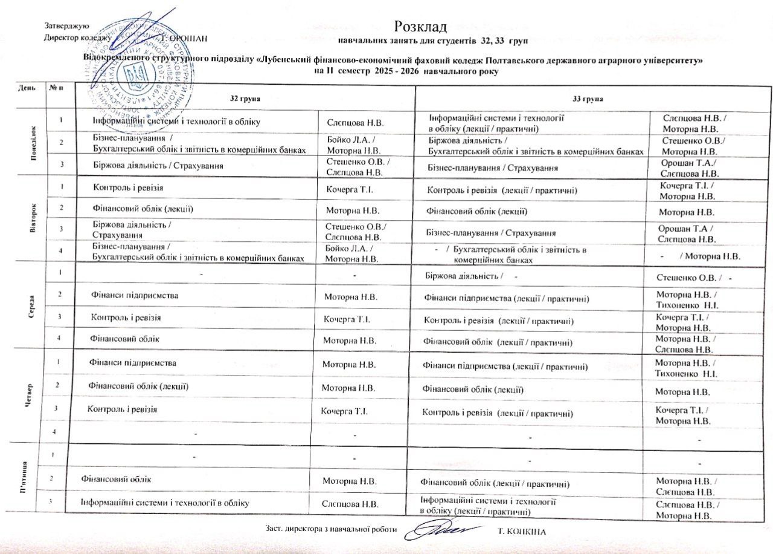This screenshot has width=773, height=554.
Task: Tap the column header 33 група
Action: [589, 98]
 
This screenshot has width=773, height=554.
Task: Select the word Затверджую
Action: [66, 26]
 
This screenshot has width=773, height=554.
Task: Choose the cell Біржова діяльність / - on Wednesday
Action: [471, 277]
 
